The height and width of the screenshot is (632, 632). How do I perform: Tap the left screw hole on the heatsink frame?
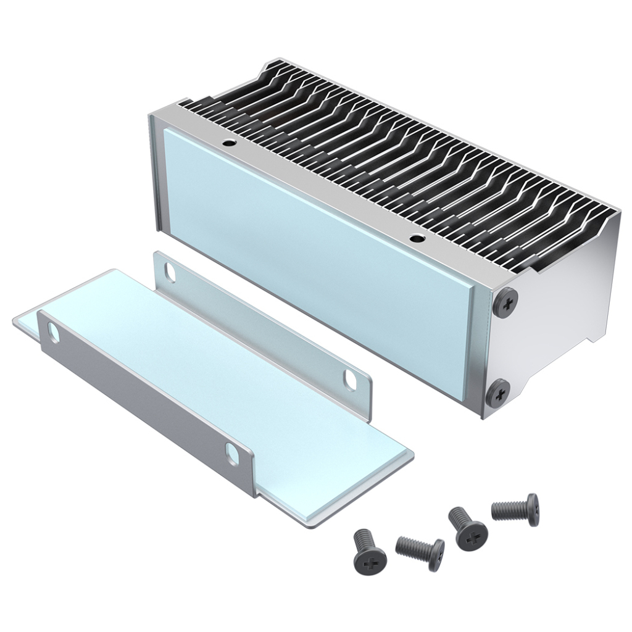230,143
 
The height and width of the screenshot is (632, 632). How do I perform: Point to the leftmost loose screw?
369,551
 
